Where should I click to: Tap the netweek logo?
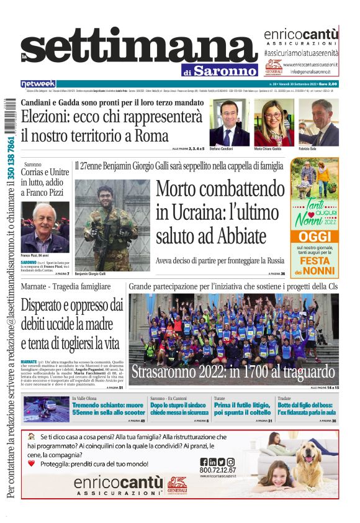pos(38,83)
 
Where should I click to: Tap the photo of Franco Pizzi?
pos(45,226)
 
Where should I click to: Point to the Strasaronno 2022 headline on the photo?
pos(233,372)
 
